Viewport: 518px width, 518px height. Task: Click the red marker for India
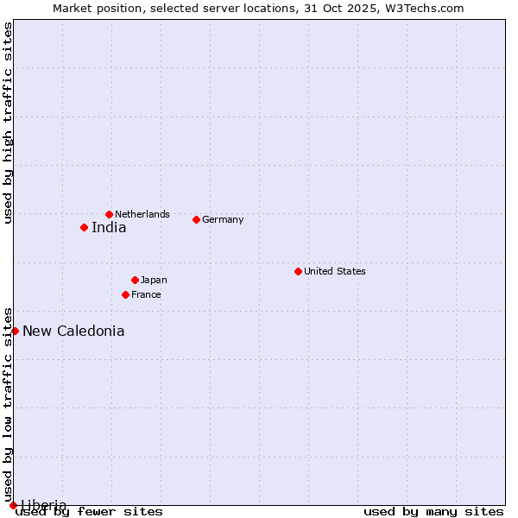coord(84,227)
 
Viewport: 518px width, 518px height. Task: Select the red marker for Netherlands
coord(109,214)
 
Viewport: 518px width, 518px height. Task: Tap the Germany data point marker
coord(196,219)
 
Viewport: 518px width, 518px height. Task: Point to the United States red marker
coord(298,271)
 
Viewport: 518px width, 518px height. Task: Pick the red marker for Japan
coord(135,280)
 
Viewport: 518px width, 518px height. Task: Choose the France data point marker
coord(125,294)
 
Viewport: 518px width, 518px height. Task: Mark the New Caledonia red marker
coord(15,331)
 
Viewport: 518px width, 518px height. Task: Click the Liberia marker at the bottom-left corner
coord(13,505)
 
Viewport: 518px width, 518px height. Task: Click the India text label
coord(109,228)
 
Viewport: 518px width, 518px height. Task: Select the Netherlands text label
coord(142,214)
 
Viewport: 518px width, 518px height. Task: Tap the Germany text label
coord(223,219)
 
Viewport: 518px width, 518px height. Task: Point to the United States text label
coord(335,271)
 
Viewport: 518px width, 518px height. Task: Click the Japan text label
coord(154,280)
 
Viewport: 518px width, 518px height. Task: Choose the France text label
coord(146,294)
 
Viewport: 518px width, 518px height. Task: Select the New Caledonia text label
coord(73,332)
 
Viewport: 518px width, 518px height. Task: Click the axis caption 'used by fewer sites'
coord(90,511)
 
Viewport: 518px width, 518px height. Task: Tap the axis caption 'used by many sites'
coord(433,511)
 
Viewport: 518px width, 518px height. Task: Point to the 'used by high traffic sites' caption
coord(9,123)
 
